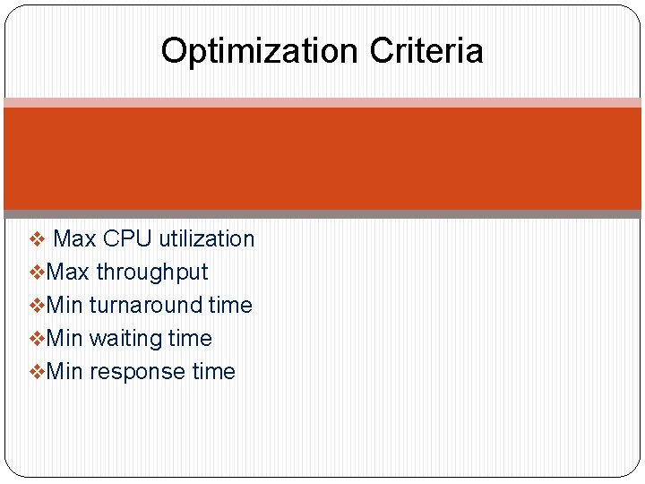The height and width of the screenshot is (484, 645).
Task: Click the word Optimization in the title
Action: pos(260,52)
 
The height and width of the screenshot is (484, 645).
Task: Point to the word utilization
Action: pos(207,239)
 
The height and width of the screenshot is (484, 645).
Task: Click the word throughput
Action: pos(151,273)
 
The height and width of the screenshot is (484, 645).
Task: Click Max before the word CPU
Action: pos(75,239)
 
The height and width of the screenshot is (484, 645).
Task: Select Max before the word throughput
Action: pos(68,272)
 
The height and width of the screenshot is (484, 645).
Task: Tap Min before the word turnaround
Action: pos(64,306)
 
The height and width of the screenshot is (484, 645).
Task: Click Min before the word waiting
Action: pos(64,339)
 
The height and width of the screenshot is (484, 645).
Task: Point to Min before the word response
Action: pos(64,372)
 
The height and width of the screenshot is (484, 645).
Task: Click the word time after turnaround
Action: pos(230,306)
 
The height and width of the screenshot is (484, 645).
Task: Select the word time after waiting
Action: pos(190,339)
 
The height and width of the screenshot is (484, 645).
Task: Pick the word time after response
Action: pos(213,372)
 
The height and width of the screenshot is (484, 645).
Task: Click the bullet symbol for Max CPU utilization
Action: pos(37,239)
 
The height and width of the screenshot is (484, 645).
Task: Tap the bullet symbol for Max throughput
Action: pos(37,272)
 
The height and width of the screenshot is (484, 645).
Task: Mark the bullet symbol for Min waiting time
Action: pos(37,339)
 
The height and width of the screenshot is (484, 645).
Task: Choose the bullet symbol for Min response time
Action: pos(37,372)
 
